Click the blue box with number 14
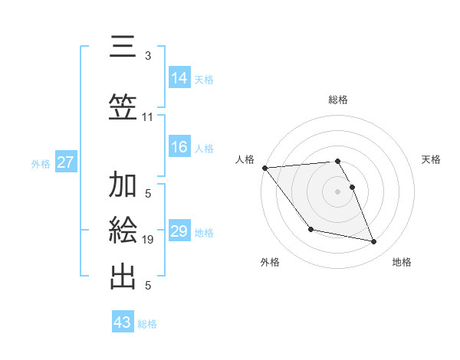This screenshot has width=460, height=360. (179, 78)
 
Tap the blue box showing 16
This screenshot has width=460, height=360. (179, 148)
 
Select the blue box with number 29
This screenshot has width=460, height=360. (179, 231)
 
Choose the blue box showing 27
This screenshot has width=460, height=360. (66, 162)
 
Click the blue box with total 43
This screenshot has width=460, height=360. (123, 322)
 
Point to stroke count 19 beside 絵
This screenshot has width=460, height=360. (148, 240)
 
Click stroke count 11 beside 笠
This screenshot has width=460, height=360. (148, 117)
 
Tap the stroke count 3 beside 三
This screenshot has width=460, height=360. (148, 56)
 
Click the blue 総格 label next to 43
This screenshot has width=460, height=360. (147, 324)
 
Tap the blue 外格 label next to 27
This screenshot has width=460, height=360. (41, 163)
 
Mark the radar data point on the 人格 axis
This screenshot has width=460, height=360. (264, 168)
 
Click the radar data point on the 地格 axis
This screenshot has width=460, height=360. (374, 242)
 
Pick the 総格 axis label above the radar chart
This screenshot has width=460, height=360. (337, 100)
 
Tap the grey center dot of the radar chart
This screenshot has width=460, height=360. (337, 191)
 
